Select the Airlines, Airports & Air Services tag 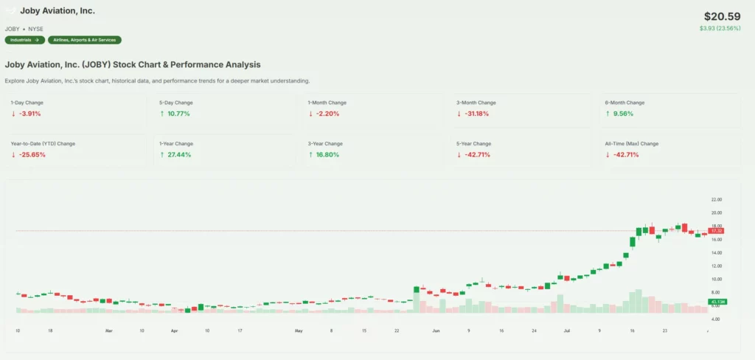coord(85,40)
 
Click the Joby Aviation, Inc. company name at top coord(58,11)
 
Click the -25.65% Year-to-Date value coord(32,155)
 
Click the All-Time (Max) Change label coord(632,144)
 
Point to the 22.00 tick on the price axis coord(716,200)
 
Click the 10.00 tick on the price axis coord(716,279)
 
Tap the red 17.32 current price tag coord(716,231)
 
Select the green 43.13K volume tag coord(717,302)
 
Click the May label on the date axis coord(299,331)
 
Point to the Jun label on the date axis coord(436,331)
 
